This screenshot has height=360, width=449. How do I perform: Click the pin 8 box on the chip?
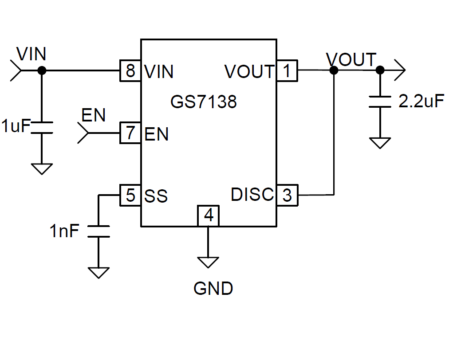130,70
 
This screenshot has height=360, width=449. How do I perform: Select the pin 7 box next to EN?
130,133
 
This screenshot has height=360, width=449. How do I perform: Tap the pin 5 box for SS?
130,195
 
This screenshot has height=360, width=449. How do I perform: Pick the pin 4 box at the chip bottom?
209,216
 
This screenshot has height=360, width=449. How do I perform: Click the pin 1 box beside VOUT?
288,70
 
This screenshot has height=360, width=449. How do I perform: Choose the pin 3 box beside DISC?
288,195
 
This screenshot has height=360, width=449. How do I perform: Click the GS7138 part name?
204,102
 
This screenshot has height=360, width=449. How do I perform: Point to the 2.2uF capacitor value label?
421,102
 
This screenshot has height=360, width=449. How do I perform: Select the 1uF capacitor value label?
16,126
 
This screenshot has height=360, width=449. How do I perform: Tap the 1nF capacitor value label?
65,231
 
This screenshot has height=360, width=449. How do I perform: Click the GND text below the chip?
213,289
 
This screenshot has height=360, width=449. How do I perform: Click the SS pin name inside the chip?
156,196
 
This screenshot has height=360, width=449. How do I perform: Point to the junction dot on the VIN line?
42,70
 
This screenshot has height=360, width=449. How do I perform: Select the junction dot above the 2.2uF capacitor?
380,70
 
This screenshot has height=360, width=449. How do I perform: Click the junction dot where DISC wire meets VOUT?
334,70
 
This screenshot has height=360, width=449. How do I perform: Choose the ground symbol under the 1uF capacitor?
42,169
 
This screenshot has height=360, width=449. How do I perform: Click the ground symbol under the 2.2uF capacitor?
380,143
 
